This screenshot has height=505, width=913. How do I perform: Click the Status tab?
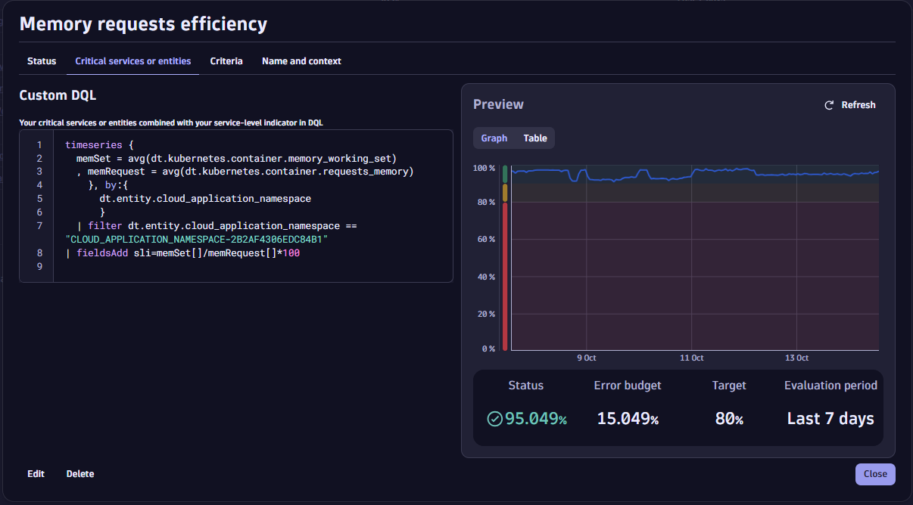(42, 61)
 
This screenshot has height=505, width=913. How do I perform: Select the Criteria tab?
(226, 61)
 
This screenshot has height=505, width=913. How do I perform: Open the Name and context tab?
(301, 61)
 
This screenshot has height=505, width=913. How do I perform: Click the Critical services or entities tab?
(133, 61)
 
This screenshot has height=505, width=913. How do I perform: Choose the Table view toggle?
(535, 138)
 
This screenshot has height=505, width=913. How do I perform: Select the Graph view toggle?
(494, 138)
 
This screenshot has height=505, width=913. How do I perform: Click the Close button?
(875, 474)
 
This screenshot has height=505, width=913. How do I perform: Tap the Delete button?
(80, 474)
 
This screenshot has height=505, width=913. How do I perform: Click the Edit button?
(36, 474)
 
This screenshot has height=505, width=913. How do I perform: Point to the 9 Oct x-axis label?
(587, 358)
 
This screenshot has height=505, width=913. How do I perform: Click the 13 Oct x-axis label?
(796, 358)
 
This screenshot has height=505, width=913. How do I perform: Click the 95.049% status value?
(535, 419)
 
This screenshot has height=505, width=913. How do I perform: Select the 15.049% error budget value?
(628, 419)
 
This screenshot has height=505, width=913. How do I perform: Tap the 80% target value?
(729, 419)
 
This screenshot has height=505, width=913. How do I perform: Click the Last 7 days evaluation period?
(830, 419)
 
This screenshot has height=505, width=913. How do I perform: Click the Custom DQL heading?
(58, 96)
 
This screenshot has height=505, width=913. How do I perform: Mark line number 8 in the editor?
(39, 253)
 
